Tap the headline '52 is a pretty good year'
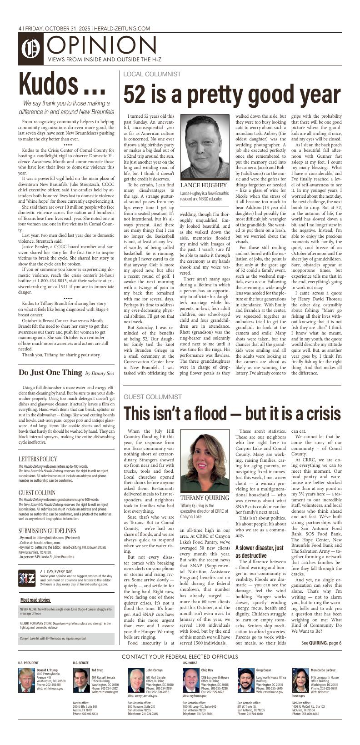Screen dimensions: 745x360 pyautogui.click(x=232, y=95)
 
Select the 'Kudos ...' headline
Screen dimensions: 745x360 pyautogui.click(x=63, y=85)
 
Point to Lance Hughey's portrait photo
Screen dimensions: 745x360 pyautogui.click(x=205, y=147)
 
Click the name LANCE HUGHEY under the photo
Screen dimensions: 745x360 pyautogui.click(x=203, y=185)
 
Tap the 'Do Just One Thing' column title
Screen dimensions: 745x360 pyautogui.click(x=50, y=373)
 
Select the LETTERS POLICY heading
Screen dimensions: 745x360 pyautogui.click(x=38, y=459)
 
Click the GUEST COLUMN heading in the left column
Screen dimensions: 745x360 pyautogui.click(x=37, y=493)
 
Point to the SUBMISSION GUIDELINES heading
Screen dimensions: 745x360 pyautogui.click(x=47, y=530)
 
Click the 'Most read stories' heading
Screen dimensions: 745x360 pyautogui.click(x=35, y=600)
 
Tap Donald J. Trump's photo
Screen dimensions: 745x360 pyautogui.click(x=26, y=680)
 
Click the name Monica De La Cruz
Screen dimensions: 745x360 pyautogui.click(x=323, y=670)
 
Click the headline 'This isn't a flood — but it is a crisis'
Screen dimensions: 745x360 pyautogui.click(x=232, y=413)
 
